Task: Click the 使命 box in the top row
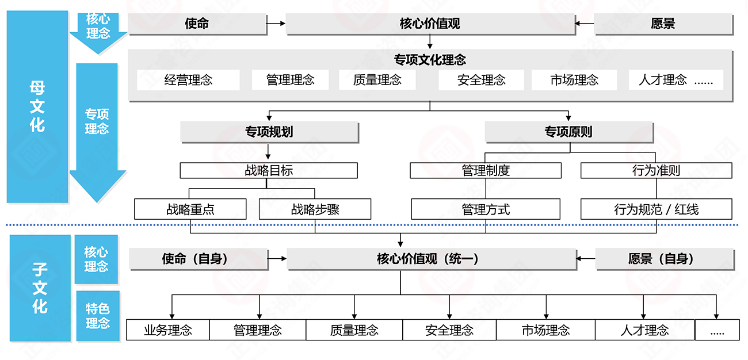click(197, 24)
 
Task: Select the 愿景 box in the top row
click(663, 24)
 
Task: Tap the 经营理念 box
click(188, 81)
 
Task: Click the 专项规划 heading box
click(269, 132)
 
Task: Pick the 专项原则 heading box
click(568, 132)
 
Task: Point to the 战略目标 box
click(269, 170)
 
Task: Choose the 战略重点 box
click(190, 209)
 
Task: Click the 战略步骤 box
click(315, 209)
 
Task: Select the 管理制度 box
click(486, 170)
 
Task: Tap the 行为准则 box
click(656, 170)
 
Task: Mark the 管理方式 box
click(486, 209)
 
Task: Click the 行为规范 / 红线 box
click(656, 209)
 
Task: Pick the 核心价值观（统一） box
click(432, 259)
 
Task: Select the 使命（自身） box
click(198, 259)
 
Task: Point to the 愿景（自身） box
click(664, 259)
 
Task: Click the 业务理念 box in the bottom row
click(167, 330)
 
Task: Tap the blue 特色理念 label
click(97, 316)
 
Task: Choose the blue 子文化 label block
click(39, 289)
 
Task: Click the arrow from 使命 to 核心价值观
click(277, 24)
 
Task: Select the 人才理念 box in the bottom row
click(644, 330)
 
